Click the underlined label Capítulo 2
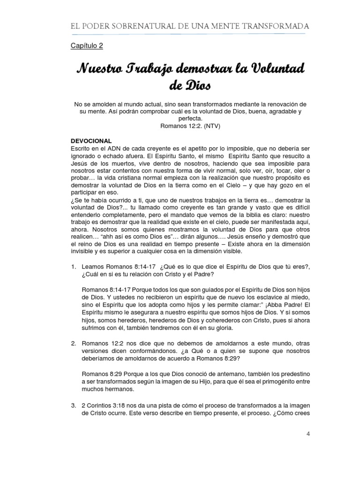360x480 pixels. point(87,46)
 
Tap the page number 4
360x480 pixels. point(308,434)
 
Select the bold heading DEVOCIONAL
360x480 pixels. point(90,141)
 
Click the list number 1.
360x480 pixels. point(73,266)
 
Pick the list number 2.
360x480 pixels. point(73,343)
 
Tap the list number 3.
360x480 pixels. point(73,405)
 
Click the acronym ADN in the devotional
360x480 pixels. point(112,148)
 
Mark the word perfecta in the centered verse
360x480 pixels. point(180,119)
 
